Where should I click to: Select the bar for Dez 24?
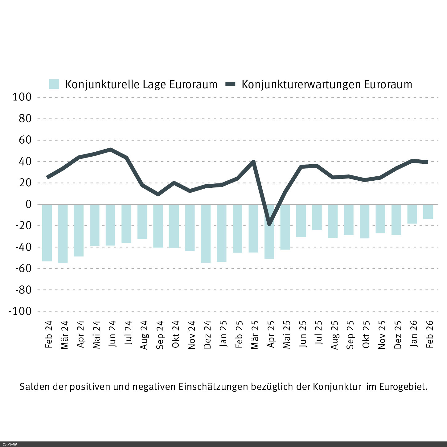point(206,233)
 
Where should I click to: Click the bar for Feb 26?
point(428,211)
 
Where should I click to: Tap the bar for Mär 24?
point(63,233)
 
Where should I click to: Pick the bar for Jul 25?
point(317,217)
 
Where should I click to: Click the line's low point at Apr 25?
point(269,224)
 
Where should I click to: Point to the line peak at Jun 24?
point(110,150)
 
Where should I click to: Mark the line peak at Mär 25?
point(253,162)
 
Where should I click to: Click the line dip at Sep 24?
point(158,194)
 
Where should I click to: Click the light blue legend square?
point(54,84)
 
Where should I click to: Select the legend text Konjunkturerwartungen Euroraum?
point(327,84)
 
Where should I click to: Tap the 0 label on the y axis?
point(29,204)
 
